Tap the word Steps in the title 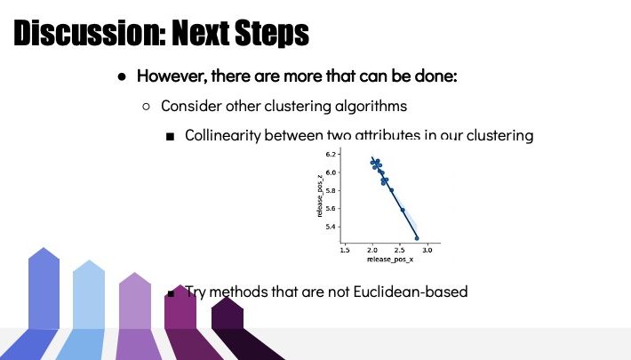click(x=272, y=33)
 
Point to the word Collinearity click(x=222, y=135)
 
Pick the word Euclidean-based click(x=411, y=292)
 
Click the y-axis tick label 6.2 click(x=331, y=155)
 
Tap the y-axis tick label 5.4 click(x=331, y=227)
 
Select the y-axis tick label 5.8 click(x=331, y=190)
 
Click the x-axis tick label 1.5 click(x=345, y=250)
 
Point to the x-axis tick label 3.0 click(x=427, y=250)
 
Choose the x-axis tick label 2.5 click(x=400, y=250)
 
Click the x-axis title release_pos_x click(x=390, y=260)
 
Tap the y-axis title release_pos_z click(x=320, y=196)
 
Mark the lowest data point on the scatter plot click(x=417, y=238)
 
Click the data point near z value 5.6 click(x=403, y=210)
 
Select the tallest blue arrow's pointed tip click(x=44, y=248)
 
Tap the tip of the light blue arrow click(x=90, y=260)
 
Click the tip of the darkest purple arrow click(x=227, y=298)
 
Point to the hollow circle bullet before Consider click(x=146, y=107)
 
